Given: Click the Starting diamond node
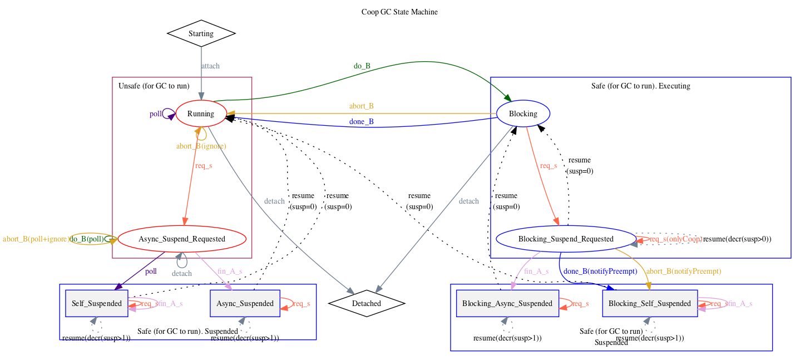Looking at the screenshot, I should [x=201, y=33].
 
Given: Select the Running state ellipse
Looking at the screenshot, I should [x=201, y=114].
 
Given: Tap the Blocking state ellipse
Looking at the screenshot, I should [x=523, y=114].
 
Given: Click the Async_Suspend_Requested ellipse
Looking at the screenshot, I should [x=182, y=239].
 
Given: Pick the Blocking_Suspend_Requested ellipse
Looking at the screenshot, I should [x=566, y=239].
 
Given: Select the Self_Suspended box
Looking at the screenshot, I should [x=97, y=303].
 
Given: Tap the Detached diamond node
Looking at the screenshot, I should [x=367, y=303].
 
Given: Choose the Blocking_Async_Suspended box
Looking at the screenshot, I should [x=507, y=303].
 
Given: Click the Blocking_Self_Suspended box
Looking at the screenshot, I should [x=650, y=303].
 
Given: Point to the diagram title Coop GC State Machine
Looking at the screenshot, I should [x=399, y=12].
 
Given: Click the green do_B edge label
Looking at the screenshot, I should [x=362, y=66].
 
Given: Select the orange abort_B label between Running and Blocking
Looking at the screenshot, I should [x=361, y=106].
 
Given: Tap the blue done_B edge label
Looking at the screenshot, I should [x=361, y=122].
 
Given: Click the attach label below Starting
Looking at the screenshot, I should [x=210, y=66].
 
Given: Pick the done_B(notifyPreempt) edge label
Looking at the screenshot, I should [x=600, y=272].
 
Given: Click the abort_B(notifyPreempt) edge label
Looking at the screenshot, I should [x=685, y=272].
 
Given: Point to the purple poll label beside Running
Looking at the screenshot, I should [x=156, y=114].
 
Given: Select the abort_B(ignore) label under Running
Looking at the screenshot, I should [x=201, y=146].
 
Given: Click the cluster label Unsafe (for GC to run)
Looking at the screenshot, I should [x=154, y=86].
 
